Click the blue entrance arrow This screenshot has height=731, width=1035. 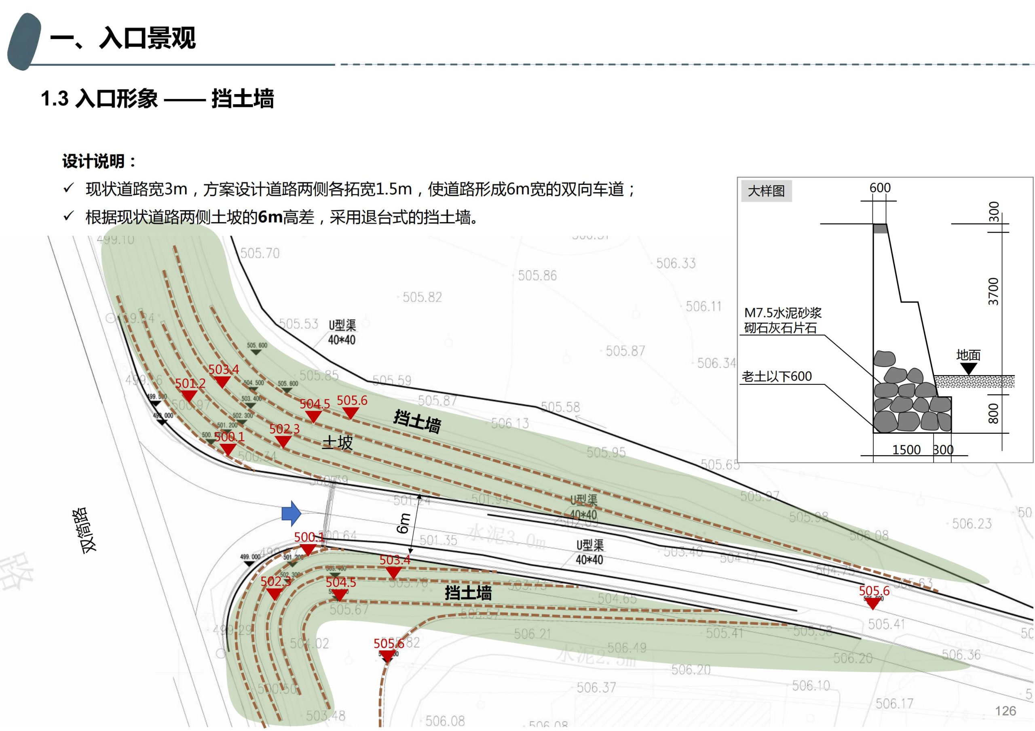[291, 513]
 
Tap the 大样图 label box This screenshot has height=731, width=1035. [766, 191]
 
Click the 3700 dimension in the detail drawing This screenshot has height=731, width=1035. [993, 292]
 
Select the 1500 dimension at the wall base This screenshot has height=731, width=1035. [906, 450]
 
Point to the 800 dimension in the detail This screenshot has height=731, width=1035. [993, 413]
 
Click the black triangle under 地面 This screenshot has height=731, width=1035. [968, 368]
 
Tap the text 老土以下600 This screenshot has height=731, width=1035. [777, 376]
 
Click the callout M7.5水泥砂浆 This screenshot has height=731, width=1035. [783, 313]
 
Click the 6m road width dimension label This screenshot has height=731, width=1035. [403, 523]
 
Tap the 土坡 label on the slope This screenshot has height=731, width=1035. [337, 443]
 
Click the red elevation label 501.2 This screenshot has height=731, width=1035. [190, 383]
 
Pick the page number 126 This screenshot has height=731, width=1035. [1005, 711]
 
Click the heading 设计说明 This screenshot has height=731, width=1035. [99, 161]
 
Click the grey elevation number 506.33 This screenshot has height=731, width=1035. [675, 263]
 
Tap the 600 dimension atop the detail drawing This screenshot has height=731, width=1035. [879, 188]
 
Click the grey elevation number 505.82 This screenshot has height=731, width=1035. [422, 297]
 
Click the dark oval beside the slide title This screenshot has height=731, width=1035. [23, 42]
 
